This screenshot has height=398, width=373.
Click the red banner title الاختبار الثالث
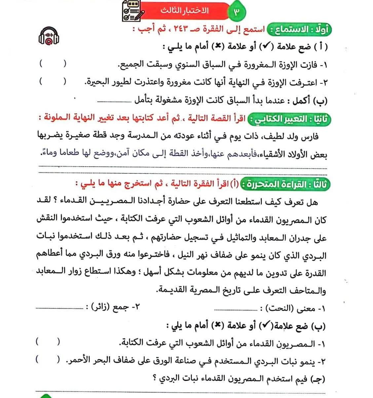pyautogui.click(x=185, y=10)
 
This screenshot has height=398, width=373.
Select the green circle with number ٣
pyautogui.click(x=237, y=12)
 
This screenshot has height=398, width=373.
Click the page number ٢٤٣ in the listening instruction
pyautogui.click(x=184, y=30)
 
